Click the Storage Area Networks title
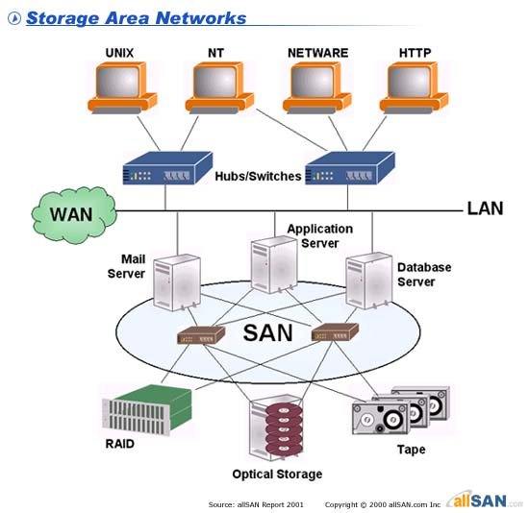point(136,18)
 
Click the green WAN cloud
point(73,213)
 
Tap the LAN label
point(485,208)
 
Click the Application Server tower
point(268,265)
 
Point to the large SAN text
point(268,333)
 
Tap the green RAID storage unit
point(144,408)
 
